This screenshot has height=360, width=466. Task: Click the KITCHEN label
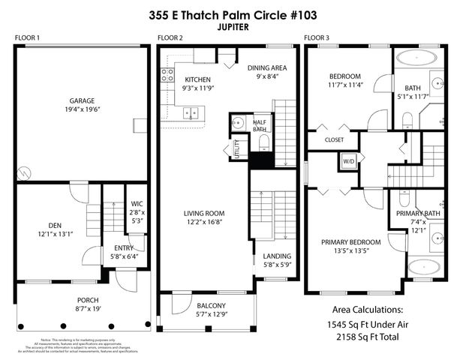(x=198, y=79)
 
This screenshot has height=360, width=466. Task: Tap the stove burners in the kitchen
(x=167, y=75)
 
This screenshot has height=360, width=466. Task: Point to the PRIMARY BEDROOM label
(x=350, y=242)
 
